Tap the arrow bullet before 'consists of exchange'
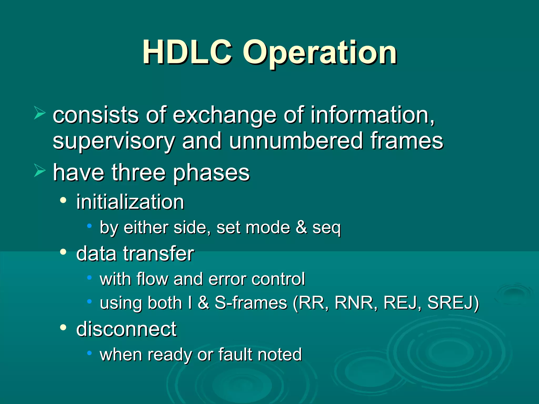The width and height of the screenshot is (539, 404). [x=40, y=114]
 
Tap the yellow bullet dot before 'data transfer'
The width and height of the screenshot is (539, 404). [x=63, y=252]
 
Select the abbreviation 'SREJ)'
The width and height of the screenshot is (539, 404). [x=453, y=303]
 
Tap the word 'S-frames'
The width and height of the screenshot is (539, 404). [x=251, y=303]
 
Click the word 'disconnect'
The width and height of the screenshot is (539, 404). [x=126, y=329]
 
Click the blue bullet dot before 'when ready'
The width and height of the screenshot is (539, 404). [x=89, y=353]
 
